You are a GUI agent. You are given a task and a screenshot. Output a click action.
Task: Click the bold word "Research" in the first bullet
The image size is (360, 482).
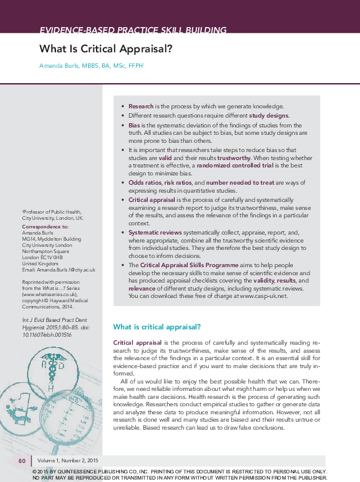[x=141, y=106]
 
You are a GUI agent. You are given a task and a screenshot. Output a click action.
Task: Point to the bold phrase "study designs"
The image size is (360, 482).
[x=268, y=115]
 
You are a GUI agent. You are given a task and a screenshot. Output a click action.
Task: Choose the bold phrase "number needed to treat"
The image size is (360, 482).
[x=239, y=183]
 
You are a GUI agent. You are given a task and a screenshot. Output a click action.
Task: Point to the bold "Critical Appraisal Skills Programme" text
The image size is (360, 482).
[x=187, y=265]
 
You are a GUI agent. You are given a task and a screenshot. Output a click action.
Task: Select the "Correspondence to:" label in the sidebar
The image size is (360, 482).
[x=46, y=227]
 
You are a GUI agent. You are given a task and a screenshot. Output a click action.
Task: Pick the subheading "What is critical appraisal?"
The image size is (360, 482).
[x=158, y=326]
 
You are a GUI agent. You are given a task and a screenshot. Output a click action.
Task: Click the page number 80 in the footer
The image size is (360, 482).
[x=22, y=460]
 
